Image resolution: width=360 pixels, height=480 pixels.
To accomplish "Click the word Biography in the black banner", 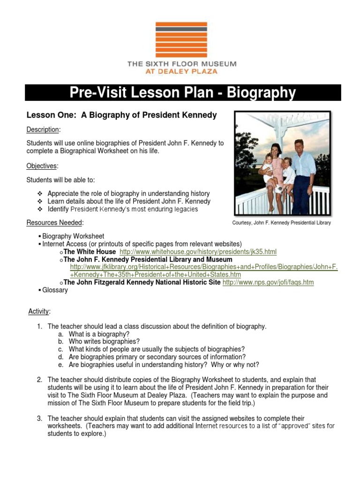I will point(262,93).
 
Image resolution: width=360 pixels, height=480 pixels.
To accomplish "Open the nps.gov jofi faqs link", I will point(268,282).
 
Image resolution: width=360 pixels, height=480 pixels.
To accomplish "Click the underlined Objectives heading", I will point(41,166).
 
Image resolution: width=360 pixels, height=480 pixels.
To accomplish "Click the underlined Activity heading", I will point(39,311).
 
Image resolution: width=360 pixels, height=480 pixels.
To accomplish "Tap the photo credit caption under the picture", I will point(282,223).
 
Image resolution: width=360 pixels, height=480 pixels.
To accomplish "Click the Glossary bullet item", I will point(55,290).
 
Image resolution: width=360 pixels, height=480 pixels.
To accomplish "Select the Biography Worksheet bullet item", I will point(73,236).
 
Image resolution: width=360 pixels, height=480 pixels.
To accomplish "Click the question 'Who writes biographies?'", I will point(104,341).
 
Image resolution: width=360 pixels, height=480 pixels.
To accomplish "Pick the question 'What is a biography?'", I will point(99,334).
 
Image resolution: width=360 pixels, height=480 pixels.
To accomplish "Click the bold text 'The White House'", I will point(90,252).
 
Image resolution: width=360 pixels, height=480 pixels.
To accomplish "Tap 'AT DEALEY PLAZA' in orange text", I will point(182,72).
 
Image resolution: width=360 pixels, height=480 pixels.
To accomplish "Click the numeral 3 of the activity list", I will point(40,418).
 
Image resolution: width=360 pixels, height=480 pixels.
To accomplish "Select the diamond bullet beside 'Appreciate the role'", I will point(40,194).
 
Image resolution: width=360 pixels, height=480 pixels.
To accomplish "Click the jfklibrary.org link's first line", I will point(204,267).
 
